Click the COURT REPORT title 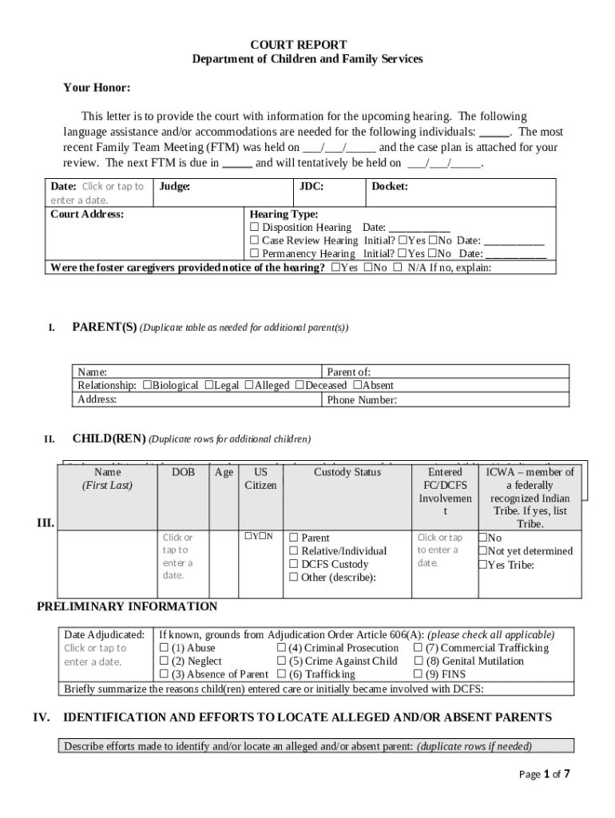(x=307, y=45)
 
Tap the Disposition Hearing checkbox (x=255, y=228)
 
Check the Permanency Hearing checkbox (x=255, y=254)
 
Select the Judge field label (x=174, y=187)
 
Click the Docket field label (x=390, y=187)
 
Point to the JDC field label (x=311, y=187)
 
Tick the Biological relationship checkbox (x=147, y=385)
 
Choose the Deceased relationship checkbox (x=300, y=385)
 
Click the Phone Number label (x=362, y=400)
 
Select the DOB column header (x=183, y=472)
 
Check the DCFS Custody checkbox (x=293, y=564)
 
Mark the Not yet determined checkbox (x=482, y=551)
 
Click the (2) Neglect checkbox (x=165, y=661)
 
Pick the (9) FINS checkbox (x=418, y=674)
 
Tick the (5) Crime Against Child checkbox (x=282, y=661)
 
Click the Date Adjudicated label (x=104, y=635)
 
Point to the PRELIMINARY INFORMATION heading (x=127, y=606)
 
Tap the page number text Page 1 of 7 (x=544, y=774)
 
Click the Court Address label (x=87, y=214)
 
